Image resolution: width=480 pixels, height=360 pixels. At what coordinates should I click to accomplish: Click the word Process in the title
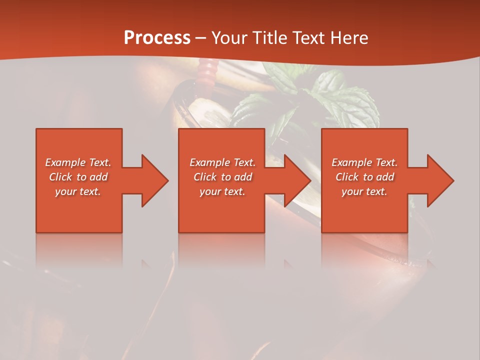click(x=157, y=38)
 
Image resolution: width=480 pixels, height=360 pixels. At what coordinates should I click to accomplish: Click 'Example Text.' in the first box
click(x=78, y=162)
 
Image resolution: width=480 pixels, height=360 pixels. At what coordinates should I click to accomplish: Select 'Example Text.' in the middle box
click(x=222, y=162)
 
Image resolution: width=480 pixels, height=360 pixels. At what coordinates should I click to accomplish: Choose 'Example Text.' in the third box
click(x=364, y=162)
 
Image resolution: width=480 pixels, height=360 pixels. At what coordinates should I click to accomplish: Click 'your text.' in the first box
click(x=78, y=191)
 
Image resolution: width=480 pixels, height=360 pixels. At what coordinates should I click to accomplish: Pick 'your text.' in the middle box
click(x=222, y=191)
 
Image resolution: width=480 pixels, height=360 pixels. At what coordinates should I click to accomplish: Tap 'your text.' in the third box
click(x=364, y=191)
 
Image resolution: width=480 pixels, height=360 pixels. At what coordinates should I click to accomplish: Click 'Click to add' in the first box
click(x=78, y=177)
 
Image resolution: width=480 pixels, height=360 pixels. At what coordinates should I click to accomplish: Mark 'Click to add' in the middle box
click(x=222, y=177)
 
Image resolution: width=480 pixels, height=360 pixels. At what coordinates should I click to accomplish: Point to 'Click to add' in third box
click(x=364, y=177)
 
